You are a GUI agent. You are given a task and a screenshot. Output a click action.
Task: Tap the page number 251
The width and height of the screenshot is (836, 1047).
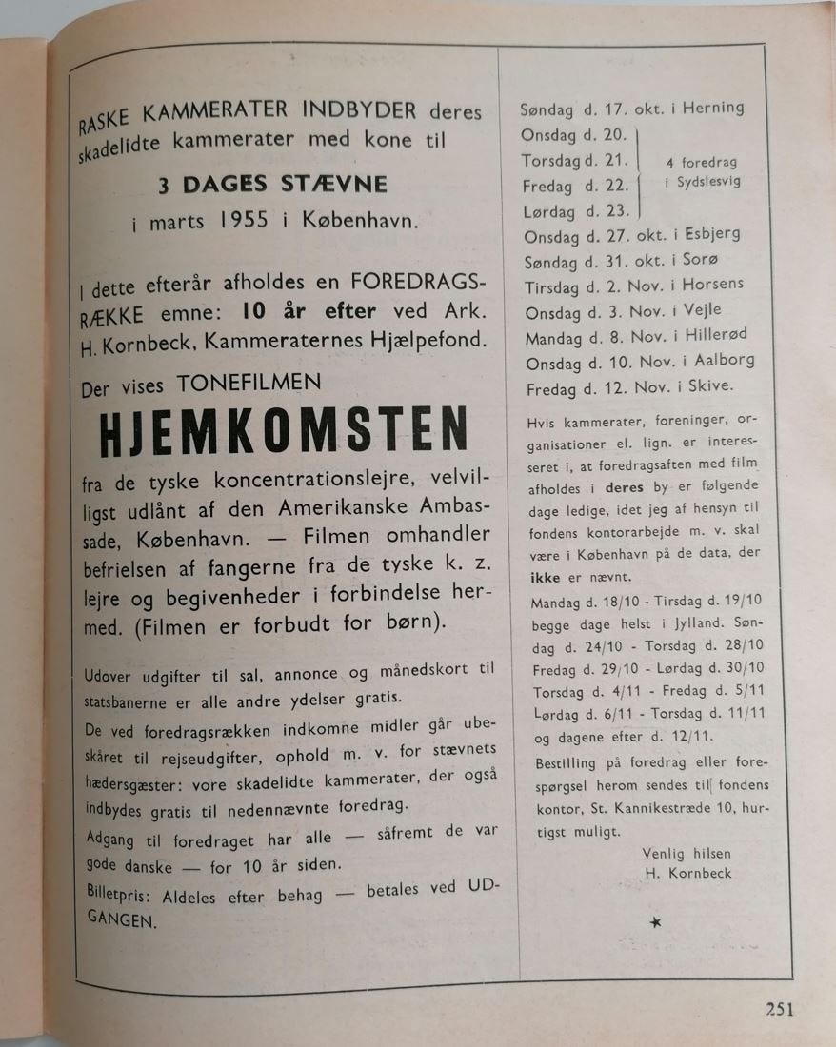tap(778, 1010)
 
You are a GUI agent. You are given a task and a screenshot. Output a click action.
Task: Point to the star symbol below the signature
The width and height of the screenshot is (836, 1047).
tap(654, 921)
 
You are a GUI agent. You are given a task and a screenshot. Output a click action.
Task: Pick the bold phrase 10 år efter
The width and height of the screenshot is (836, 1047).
tap(309, 311)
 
